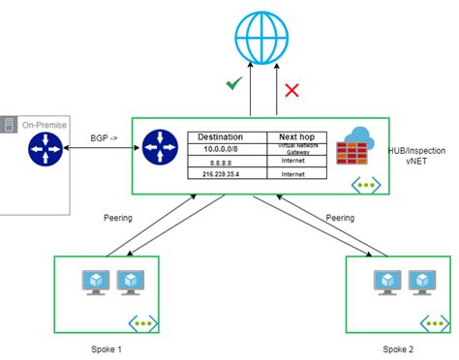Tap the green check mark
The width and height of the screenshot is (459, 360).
[233, 85]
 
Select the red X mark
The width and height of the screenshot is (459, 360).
[291, 90]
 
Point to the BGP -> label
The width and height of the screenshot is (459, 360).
[105, 137]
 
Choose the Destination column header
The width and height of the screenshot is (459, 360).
[228, 137]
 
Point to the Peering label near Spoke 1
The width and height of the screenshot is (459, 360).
[118, 218]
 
